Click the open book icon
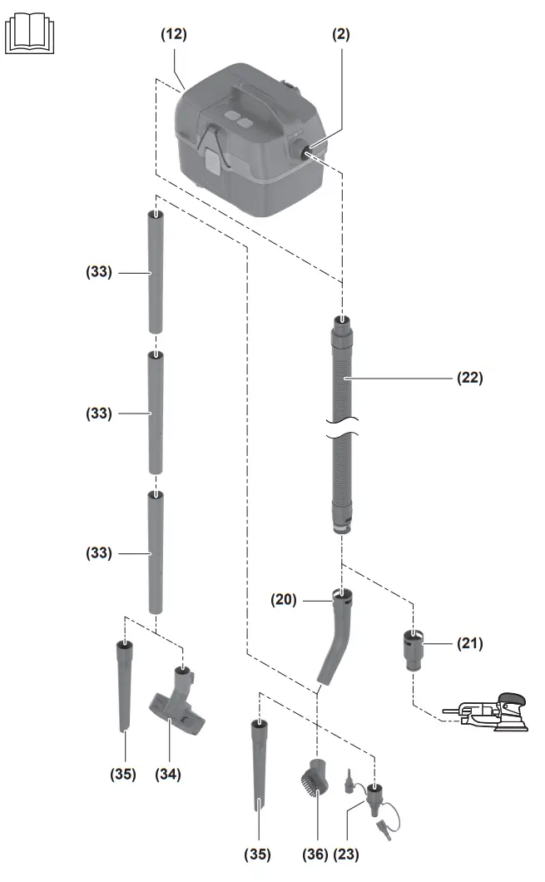[31, 36]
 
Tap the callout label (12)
[174, 34]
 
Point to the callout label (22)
[469, 377]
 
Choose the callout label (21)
[469, 642]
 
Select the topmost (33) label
[98, 272]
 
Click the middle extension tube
[156, 414]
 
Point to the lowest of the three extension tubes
[156, 552]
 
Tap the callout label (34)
[167, 774]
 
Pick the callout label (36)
[313, 854]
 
